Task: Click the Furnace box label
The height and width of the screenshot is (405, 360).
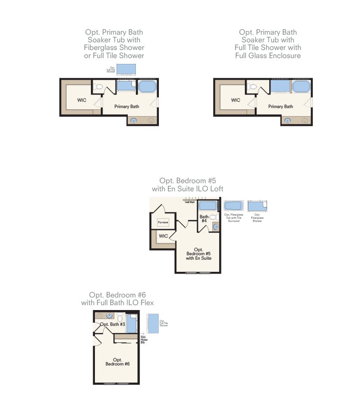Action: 162,222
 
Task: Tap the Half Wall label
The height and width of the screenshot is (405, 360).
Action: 189,202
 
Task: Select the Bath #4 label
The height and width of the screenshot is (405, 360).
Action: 204,219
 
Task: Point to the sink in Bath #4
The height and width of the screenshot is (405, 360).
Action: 216,227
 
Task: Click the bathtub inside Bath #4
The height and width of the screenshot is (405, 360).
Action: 208,206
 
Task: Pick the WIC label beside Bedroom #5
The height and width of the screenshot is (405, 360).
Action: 163,236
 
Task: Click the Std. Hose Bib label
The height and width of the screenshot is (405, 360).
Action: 143,339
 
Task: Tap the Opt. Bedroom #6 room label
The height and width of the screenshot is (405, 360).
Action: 117,361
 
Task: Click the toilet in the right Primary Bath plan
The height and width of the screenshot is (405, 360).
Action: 250,87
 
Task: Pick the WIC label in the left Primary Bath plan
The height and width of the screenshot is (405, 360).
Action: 81,100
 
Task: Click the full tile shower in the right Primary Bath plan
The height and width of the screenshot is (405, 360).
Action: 280,86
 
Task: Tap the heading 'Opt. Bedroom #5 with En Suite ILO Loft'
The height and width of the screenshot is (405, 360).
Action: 187,185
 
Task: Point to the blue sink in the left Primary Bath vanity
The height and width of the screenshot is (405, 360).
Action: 134,120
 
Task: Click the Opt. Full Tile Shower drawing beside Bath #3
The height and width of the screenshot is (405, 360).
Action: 153,324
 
